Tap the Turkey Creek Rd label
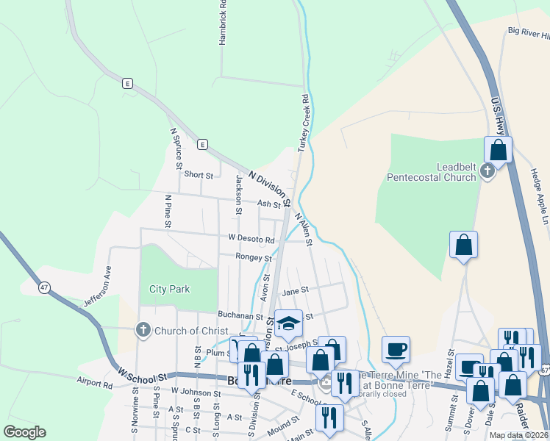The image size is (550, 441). [x=303, y=123]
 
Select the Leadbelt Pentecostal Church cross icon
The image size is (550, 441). [x=487, y=171]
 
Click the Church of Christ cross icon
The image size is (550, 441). [x=143, y=331]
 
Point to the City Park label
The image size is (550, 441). [x=169, y=289]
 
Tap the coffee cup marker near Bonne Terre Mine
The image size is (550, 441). [x=396, y=349]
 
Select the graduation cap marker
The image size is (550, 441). [x=288, y=323]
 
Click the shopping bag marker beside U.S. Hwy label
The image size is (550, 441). [x=498, y=150]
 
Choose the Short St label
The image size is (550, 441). [x=199, y=175]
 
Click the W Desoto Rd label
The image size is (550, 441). [x=251, y=238]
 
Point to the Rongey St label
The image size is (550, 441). [x=254, y=257]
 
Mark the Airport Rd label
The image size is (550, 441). [x=95, y=384]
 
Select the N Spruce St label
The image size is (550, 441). [x=175, y=149]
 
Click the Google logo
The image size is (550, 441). [x=25, y=432]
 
